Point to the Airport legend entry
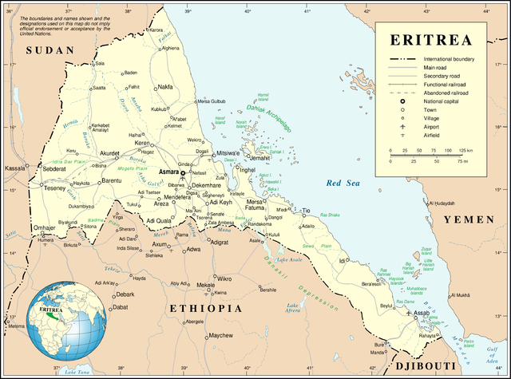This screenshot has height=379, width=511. pos(440,125)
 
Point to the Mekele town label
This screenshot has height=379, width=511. pos(206,285)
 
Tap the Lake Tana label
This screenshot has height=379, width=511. pos(77,373)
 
